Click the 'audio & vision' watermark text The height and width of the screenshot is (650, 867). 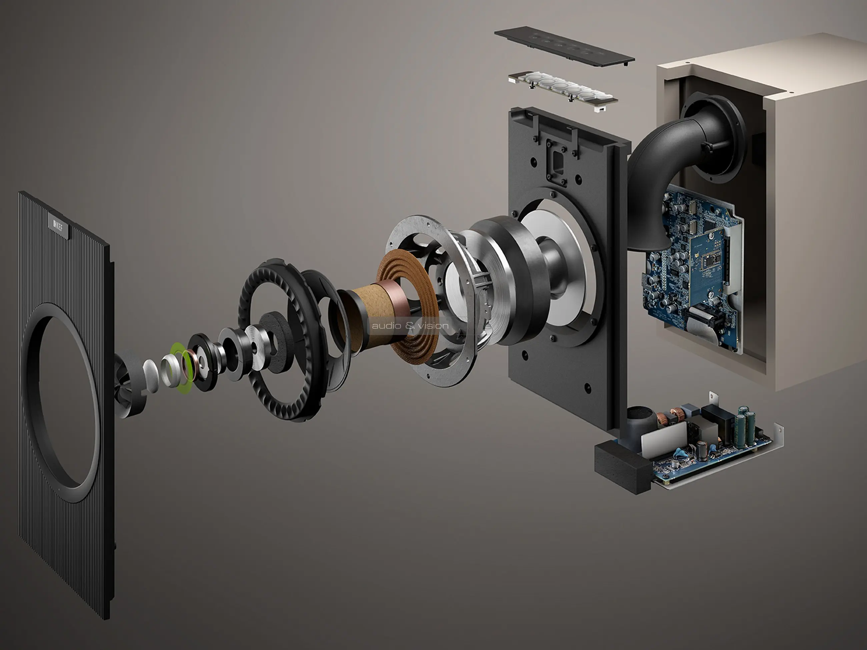point(410,326)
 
